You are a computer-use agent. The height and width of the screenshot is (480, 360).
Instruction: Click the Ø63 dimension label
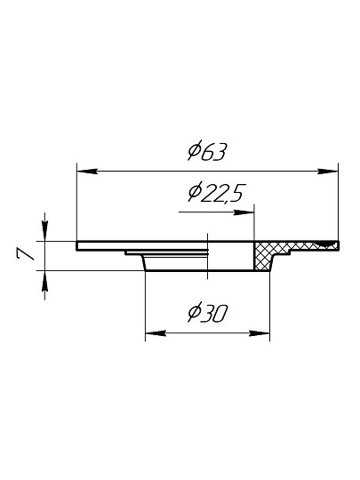coord(207,150)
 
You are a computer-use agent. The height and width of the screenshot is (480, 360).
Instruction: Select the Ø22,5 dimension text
coord(216,193)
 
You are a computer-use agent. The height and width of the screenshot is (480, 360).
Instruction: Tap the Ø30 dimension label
coord(208,312)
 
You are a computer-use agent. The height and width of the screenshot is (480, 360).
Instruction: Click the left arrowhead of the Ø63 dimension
coord(87,172)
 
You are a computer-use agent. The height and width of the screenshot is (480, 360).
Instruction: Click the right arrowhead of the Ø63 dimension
coord(328,172)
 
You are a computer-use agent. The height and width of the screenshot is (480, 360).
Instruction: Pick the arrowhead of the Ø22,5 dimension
coord(244,212)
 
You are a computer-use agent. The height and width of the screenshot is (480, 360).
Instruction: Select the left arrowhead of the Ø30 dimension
coord(156,333)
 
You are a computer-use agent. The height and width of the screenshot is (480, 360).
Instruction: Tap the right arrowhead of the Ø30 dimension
coord(260,333)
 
